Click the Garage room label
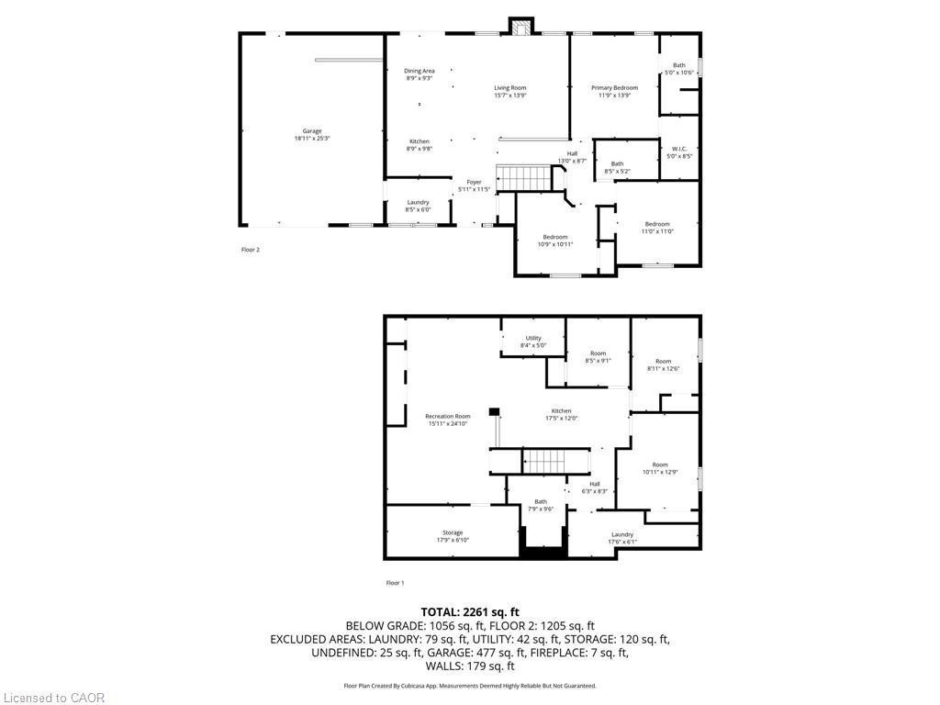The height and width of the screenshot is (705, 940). (312, 135)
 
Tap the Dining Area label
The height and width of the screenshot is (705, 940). (420, 74)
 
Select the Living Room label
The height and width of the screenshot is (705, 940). (510, 91)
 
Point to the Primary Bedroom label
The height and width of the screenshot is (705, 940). (614, 91)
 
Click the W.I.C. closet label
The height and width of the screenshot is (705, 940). (679, 152)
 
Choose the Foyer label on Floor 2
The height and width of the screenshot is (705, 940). (474, 185)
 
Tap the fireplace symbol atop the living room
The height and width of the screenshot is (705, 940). (521, 27)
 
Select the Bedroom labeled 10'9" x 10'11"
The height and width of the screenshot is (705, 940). (554, 241)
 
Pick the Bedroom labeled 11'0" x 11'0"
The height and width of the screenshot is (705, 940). (657, 228)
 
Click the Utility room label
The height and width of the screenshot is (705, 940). (533, 341)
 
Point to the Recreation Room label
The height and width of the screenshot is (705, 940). (448, 420)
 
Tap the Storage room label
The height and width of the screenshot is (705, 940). (453, 536)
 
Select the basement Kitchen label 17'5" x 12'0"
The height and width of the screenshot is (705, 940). (562, 414)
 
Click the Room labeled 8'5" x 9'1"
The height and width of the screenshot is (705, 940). (599, 357)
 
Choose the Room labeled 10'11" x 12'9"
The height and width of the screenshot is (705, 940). (660, 468)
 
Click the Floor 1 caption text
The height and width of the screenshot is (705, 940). (395, 583)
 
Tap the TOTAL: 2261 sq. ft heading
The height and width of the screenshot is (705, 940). (470, 611)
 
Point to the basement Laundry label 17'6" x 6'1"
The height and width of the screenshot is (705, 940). (622, 538)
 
